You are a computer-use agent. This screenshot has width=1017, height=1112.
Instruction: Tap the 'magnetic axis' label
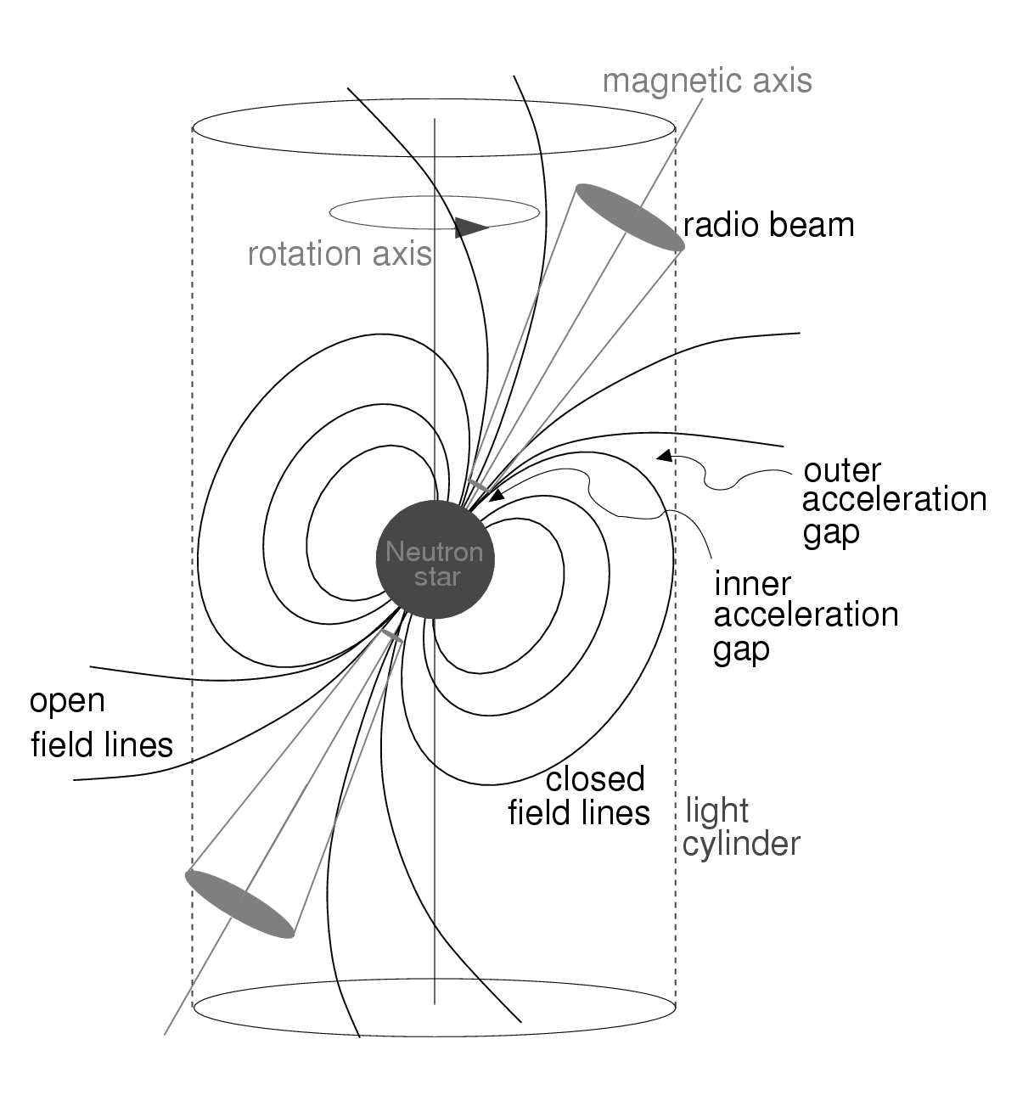coord(706,81)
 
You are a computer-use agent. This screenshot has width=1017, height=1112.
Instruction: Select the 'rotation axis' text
coord(340,254)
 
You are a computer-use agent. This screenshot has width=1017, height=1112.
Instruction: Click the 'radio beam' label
coord(768,225)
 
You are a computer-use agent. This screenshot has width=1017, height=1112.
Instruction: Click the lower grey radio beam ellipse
coord(240,903)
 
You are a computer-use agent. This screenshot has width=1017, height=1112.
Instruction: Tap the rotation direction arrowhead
coord(470,227)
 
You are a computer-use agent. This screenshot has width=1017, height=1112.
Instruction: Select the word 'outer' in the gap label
coord(842,469)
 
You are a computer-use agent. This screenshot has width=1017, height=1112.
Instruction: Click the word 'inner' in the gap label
coord(752,584)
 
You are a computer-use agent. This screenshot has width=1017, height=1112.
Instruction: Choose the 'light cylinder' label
coord(741,828)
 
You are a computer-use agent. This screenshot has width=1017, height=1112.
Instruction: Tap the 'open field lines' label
coord(101,723)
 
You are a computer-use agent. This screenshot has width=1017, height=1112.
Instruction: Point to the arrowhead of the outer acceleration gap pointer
coord(665,457)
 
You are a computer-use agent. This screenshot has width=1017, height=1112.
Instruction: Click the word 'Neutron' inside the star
coord(434,553)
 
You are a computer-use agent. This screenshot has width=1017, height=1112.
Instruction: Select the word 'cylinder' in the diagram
coord(741,845)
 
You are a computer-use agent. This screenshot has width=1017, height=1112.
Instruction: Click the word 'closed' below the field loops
coord(595,778)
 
